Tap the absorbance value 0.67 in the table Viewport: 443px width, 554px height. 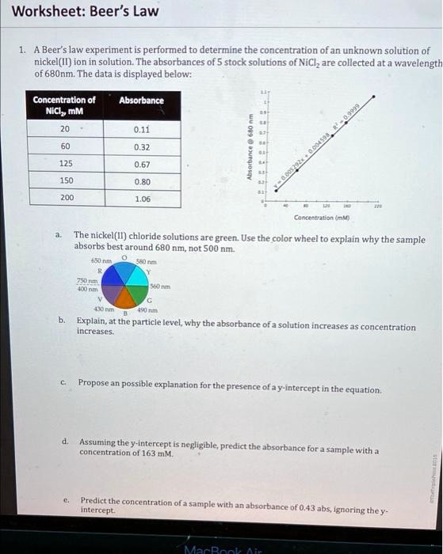(x=142, y=165)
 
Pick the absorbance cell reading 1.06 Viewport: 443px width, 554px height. (x=142, y=199)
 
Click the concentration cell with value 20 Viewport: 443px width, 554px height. (x=65, y=129)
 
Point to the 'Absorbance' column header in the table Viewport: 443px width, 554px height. (x=141, y=101)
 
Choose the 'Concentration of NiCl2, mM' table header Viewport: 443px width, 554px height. (x=64, y=105)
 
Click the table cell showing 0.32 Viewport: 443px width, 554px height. (x=142, y=147)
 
